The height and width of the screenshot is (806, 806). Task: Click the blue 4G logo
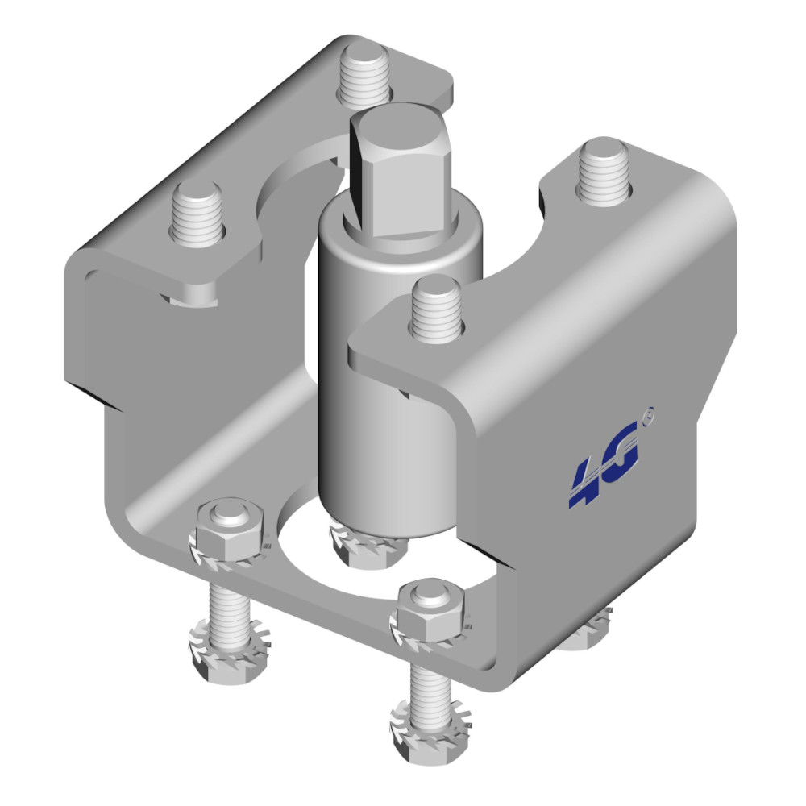[604, 464]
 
